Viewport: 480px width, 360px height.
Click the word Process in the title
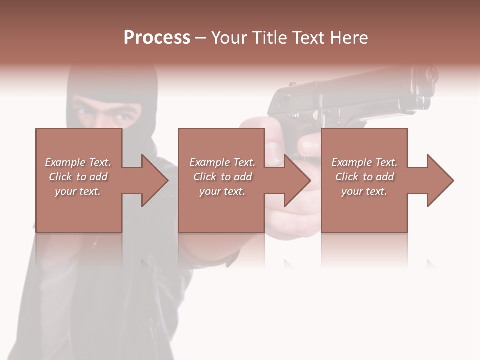tap(157, 38)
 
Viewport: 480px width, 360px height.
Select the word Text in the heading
tap(306, 38)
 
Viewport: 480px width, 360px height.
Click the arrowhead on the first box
tap(155, 180)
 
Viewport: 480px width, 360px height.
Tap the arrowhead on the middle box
tap(297, 180)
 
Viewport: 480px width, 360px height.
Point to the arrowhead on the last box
tap(440, 180)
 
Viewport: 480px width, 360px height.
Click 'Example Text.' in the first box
tap(78, 162)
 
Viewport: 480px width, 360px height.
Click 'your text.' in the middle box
tap(222, 191)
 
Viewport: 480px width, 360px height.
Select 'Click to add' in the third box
tap(364, 177)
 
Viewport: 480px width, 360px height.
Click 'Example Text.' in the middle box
tap(222, 162)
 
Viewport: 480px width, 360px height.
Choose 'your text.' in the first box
tap(78, 191)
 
